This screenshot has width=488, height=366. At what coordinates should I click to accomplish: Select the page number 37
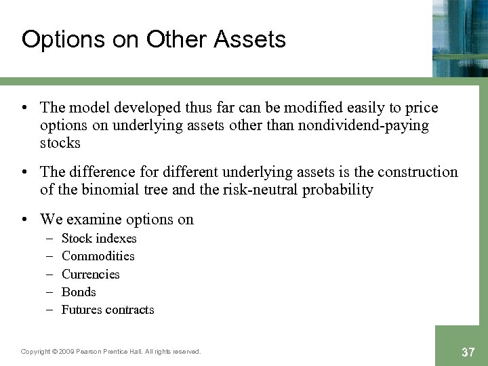[467, 351]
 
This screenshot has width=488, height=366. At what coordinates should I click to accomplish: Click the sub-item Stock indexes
[99, 239]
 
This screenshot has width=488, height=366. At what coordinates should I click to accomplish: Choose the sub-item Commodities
[98, 256]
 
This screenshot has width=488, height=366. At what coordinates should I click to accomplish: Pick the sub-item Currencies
[90, 274]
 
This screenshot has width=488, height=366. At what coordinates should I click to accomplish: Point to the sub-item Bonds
[79, 292]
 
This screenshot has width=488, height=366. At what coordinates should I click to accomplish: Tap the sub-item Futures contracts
[108, 310]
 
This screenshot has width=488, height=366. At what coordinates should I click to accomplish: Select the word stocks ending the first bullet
[60, 143]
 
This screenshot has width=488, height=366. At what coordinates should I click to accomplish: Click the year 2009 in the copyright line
[66, 352]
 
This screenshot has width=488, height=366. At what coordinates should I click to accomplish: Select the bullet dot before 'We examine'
[26, 219]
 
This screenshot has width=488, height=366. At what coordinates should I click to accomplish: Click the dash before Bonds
[50, 292]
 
